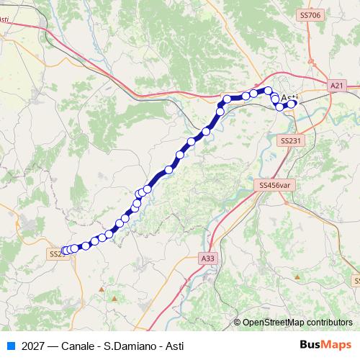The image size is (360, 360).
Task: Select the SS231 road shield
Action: pyautogui.click(x=290, y=141)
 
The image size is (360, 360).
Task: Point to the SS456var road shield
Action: pyautogui.click(x=275, y=185)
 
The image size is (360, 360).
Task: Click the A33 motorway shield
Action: pyautogui.click(x=208, y=257)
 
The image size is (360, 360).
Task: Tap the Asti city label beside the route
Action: pyautogui.click(x=291, y=97)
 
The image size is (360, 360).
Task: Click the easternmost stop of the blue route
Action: pyautogui.click(x=292, y=104)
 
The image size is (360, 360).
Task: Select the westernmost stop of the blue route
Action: pyautogui.click(x=65, y=251)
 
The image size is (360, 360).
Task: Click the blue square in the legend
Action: pyautogui.click(x=11, y=346)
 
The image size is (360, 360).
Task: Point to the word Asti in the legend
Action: pyautogui.click(x=174, y=346)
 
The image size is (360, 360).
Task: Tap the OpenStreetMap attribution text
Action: pyautogui.click(x=297, y=322)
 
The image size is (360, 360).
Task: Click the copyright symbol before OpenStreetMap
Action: pyautogui.click(x=238, y=322)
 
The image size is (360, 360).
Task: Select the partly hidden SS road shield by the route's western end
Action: pyautogui.click(x=55, y=254)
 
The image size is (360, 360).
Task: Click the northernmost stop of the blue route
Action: pyautogui.click(x=269, y=90)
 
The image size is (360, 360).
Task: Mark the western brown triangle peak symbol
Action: pyautogui.click(x=112, y=295)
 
